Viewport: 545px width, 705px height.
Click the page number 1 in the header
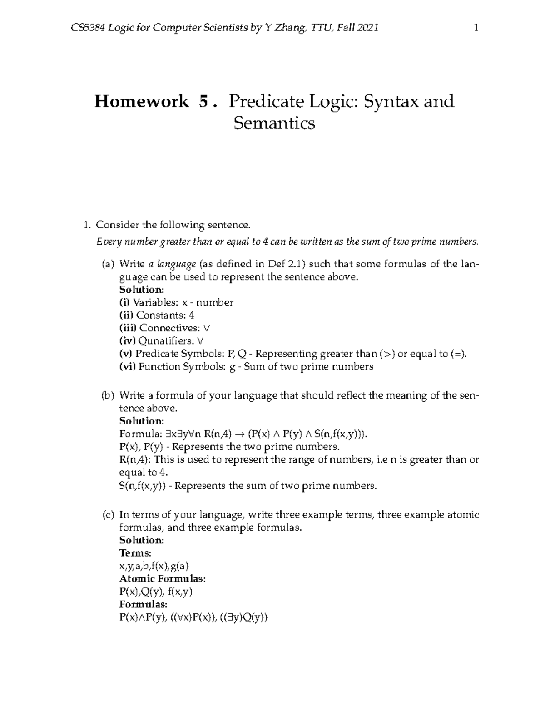click(x=476, y=28)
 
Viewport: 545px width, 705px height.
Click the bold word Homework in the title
click(x=141, y=101)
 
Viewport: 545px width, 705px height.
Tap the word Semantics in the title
click(x=274, y=123)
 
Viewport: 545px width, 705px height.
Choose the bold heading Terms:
click(x=135, y=553)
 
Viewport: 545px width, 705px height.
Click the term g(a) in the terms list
click(x=180, y=566)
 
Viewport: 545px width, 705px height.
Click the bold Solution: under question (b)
click(x=141, y=421)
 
